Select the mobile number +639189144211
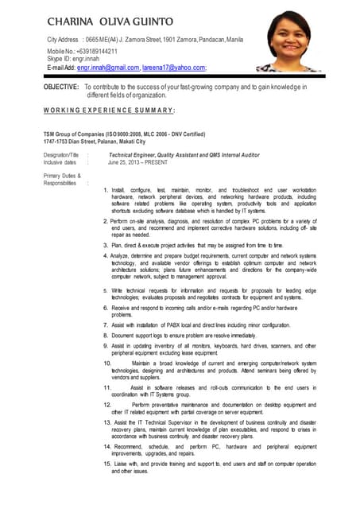pyautogui.click(x=94, y=50)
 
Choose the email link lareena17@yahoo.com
pyautogui.click(x=173, y=68)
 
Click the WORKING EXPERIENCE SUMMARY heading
pyautogui.click(x=110, y=110)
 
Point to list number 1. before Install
pyautogui.click(x=106, y=191)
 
